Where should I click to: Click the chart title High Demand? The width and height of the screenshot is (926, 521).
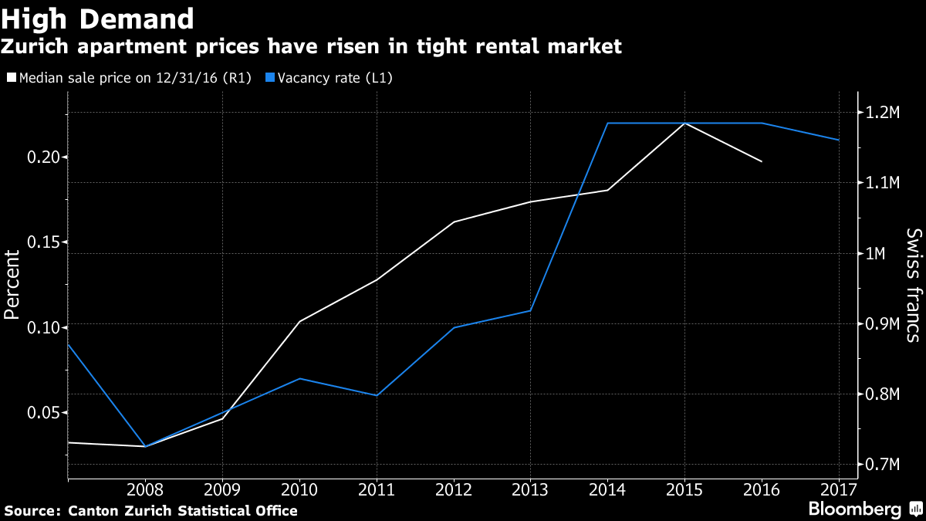pos(97,18)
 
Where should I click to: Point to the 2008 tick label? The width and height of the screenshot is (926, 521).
pos(145,490)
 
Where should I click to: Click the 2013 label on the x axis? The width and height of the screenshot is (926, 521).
pos(530,490)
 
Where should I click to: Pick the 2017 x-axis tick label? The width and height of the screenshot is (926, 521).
pos(838,490)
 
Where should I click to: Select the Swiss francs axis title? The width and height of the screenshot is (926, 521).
pos(913,286)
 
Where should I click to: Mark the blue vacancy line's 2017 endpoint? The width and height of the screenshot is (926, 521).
pos(839,140)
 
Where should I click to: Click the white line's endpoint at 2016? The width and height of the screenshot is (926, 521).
pos(762,161)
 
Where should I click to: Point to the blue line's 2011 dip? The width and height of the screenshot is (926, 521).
pos(377,395)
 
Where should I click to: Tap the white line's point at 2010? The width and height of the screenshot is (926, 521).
pos(299,321)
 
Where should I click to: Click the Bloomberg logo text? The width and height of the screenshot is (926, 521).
pos(854,509)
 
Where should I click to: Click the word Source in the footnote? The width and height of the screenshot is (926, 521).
pos(31,510)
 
